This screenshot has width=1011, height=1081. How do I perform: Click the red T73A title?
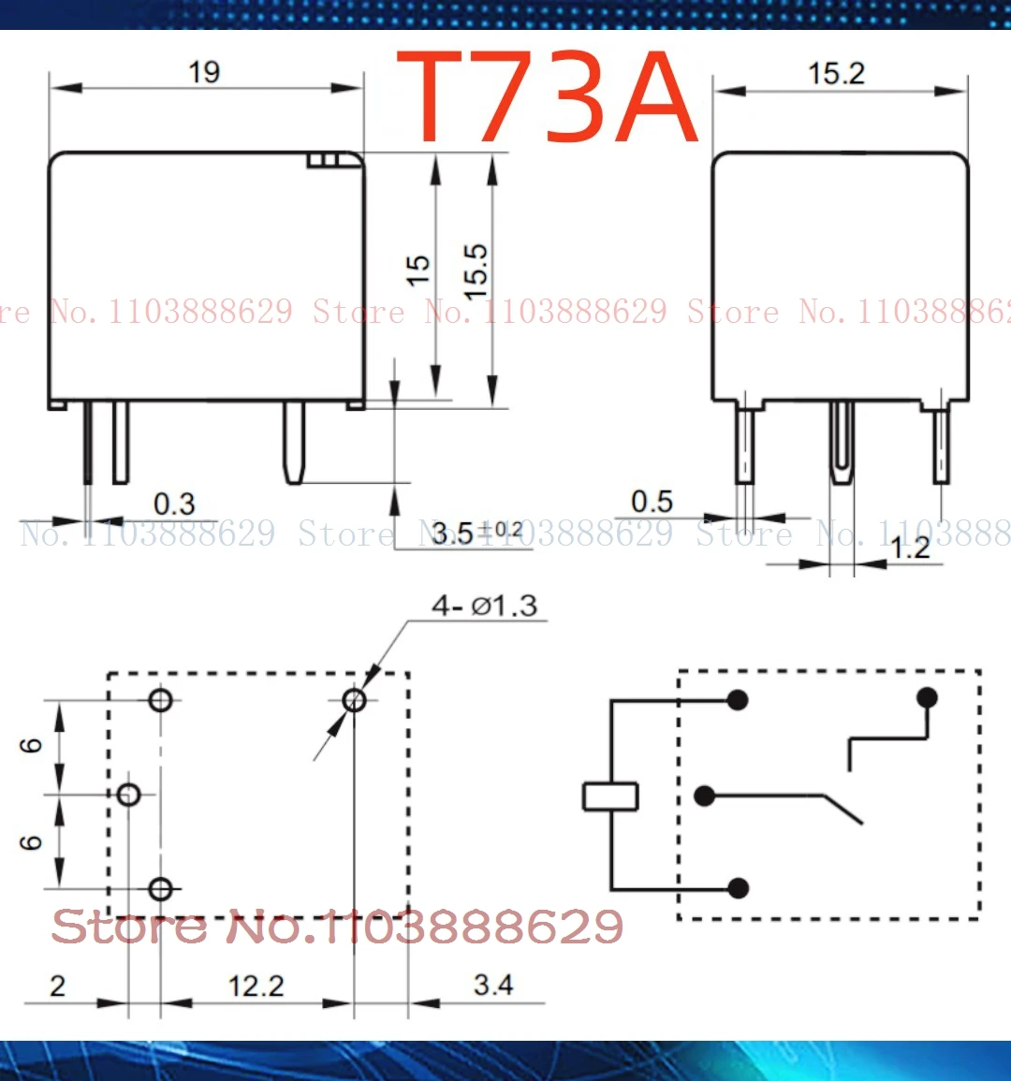pos(549,97)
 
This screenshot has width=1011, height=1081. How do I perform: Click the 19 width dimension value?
pos(204,72)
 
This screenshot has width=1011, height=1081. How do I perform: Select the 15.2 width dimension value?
pos(836,74)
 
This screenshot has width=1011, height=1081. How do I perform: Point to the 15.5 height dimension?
pos(476,271)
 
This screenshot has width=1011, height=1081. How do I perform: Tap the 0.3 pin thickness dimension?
pos(174,504)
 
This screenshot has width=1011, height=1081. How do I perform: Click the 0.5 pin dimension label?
pos(652,502)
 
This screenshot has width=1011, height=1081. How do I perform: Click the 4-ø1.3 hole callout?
pos(484,606)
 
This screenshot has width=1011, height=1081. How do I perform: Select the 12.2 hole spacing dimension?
pos(256,986)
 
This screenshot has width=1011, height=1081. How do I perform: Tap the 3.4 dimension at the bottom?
pos(492,985)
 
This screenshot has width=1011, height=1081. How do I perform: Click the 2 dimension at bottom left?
pos(58,986)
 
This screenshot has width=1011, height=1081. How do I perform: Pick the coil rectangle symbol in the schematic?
pos(610,796)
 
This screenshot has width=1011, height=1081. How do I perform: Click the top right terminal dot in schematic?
pos(927,697)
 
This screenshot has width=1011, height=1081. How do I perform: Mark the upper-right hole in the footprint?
pos(354,700)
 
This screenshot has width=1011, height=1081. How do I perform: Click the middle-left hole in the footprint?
pos(129,795)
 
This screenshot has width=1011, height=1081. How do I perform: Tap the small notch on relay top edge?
pos(323,160)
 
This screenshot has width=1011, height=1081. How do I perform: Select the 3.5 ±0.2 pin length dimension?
pos(476,533)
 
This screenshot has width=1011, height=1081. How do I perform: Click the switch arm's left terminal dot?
pos(705,796)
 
